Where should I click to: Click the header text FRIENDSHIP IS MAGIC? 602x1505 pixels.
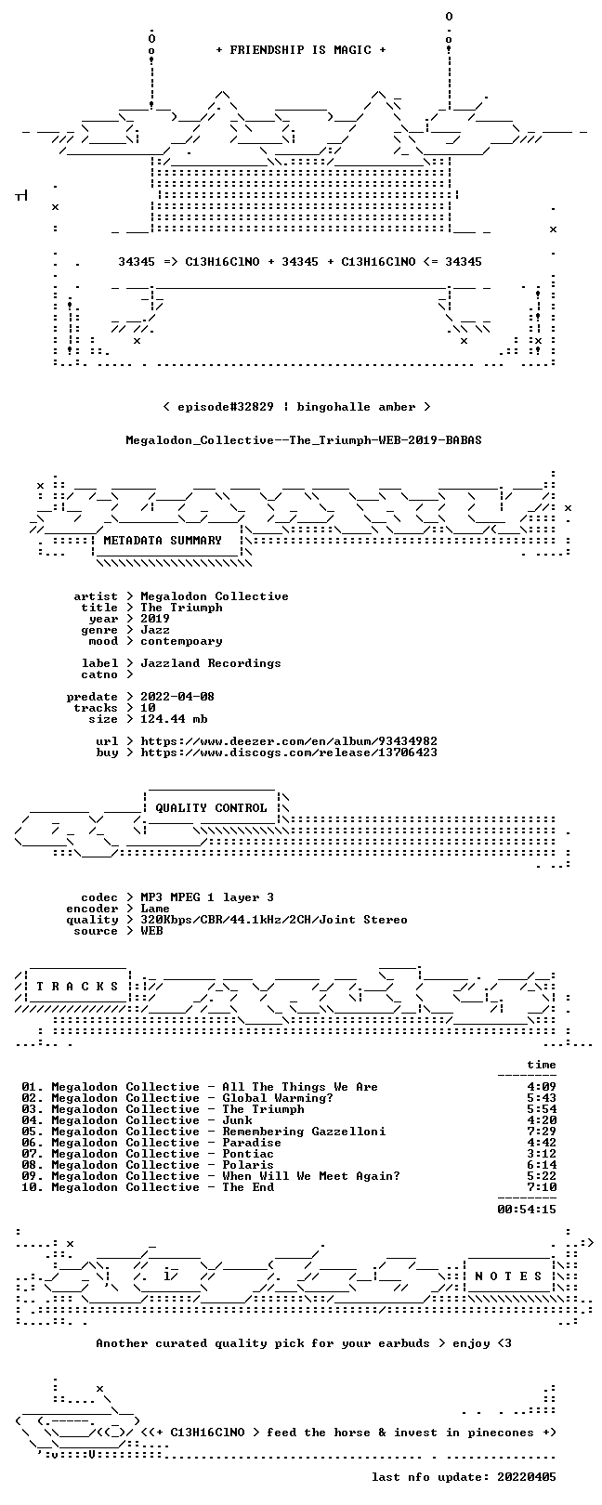(x=300, y=50)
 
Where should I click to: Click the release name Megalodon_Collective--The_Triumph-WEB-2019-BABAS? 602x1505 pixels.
(x=304, y=440)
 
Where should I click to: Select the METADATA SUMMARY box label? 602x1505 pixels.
(x=163, y=540)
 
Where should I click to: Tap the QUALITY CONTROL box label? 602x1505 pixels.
(x=211, y=808)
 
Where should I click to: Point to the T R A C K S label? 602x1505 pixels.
(x=77, y=987)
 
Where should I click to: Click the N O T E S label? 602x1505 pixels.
(x=508, y=1276)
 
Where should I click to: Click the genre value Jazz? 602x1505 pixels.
(x=155, y=630)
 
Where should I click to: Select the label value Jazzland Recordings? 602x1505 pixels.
(x=211, y=663)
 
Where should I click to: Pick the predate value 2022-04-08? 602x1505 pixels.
(x=177, y=697)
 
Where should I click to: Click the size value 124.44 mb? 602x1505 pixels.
(x=174, y=719)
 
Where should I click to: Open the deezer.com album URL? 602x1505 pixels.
(x=289, y=741)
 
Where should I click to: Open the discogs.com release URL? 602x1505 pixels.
(x=289, y=752)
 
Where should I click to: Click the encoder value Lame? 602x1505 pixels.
(x=155, y=910)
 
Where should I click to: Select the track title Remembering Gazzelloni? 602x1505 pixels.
(x=305, y=1132)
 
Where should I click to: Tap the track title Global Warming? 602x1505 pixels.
(x=278, y=1098)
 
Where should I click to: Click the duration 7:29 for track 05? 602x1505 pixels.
(x=542, y=1132)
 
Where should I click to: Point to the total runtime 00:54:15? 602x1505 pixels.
(x=527, y=1210)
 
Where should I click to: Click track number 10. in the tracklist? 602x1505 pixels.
(x=33, y=1187)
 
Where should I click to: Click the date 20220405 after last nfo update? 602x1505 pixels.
(x=527, y=1477)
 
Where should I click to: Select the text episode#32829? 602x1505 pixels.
(x=226, y=407)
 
